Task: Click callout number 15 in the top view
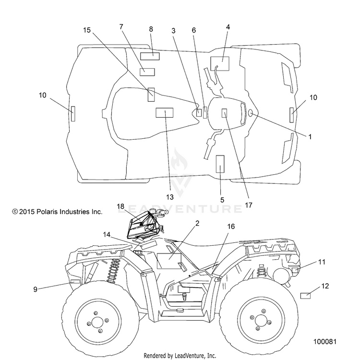[x=87, y=30]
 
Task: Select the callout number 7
[x=121, y=27]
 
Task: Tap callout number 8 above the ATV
[x=151, y=29]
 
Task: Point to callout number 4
[x=228, y=27]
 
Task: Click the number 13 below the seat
[x=169, y=197]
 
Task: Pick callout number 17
[x=249, y=205]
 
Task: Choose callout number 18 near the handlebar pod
[x=120, y=206]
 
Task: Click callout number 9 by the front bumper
[x=35, y=289]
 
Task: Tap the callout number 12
[x=325, y=286]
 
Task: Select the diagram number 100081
[x=325, y=341]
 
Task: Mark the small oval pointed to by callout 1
[x=251, y=113]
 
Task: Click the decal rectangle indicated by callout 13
[x=164, y=112]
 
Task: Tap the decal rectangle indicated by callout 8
[x=150, y=56]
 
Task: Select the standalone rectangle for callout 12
[x=305, y=296]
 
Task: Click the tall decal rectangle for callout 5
[x=220, y=164]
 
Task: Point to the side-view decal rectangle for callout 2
[x=169, y=261]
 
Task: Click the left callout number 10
[x=42, y=95]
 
